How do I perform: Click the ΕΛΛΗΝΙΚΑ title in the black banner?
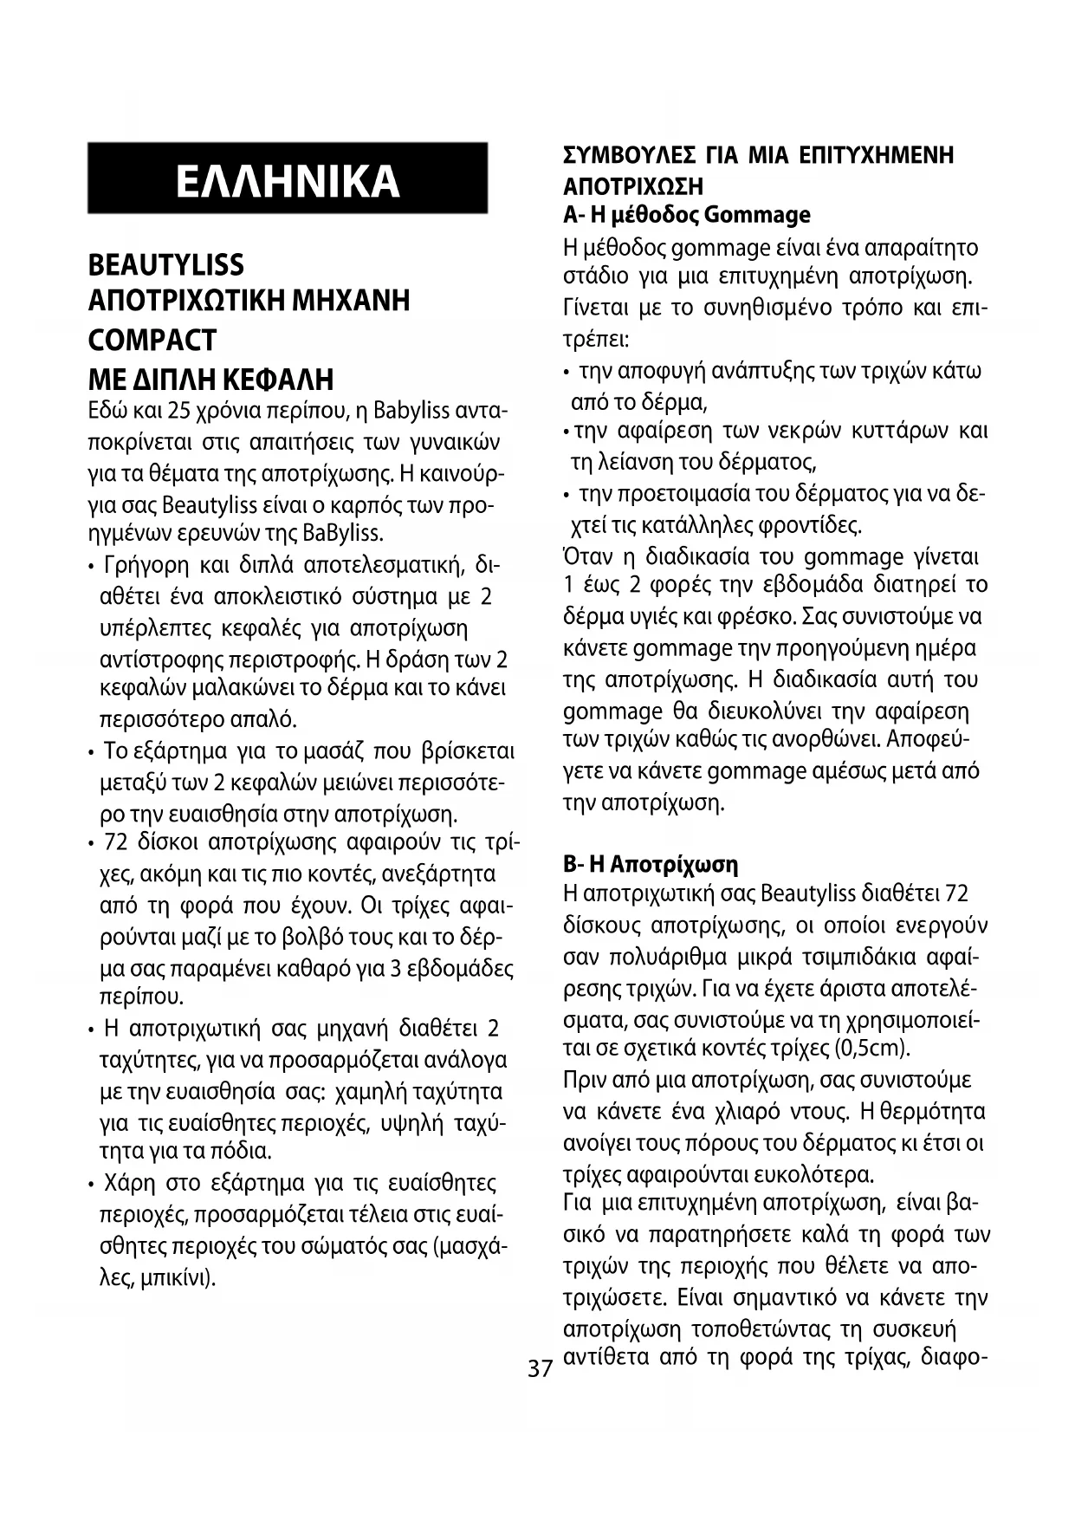click(287, 180)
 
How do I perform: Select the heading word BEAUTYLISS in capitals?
click(166, 265)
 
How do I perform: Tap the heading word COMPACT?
click(152, 340)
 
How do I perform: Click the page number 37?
click(541, 1368)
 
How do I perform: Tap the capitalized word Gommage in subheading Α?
click(758, 215)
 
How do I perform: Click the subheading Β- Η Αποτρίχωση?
click(651, 864)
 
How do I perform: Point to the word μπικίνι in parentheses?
click(183, 1278)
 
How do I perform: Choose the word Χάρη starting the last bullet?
click(131, 1184)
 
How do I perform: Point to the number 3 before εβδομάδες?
click(396, 969)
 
